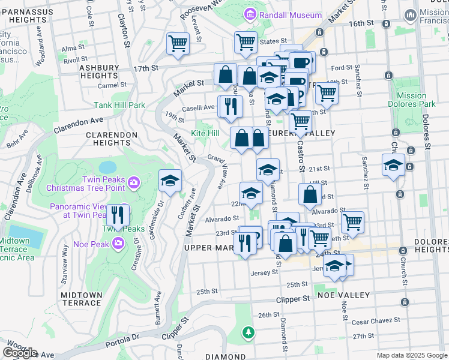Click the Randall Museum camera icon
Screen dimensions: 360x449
tap(250, 14)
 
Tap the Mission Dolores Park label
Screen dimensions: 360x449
tap(412, 100)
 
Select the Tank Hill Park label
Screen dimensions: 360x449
tap(119, 105)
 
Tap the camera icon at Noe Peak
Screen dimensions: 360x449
tap(118, 243)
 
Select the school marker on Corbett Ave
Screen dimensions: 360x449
tap(170, 180)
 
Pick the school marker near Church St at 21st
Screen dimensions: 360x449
tap(393, 165)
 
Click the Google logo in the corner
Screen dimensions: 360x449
tap(19, 353)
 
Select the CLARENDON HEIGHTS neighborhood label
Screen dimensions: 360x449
tap(112, 139)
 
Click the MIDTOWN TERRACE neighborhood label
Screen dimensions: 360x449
tap(80, 299)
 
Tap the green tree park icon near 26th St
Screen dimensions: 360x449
tap(248, 332)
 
